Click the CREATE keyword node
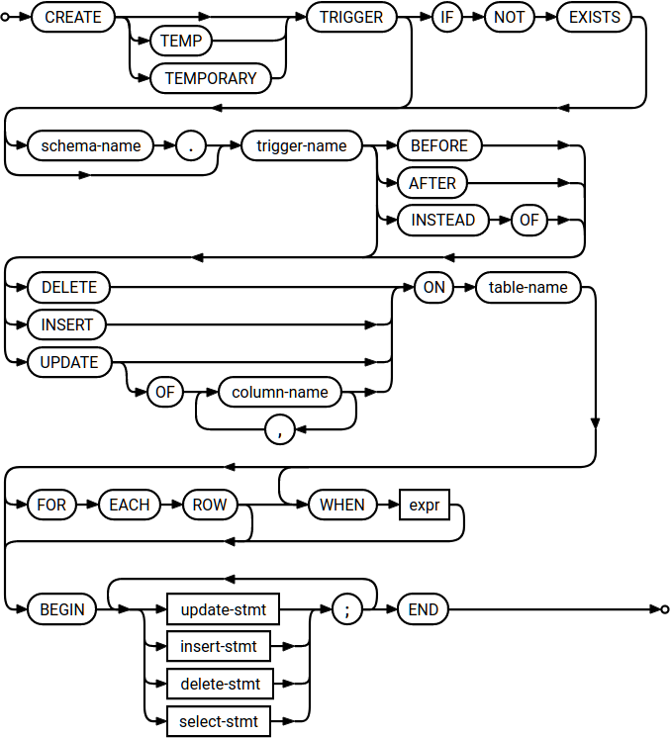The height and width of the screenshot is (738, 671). (x=73, y=18)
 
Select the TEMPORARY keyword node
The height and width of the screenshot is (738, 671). (x=211, y=78)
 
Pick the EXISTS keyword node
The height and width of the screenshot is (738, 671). (x=594, y=18)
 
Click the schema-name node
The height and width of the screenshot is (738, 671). (x=91, y=146)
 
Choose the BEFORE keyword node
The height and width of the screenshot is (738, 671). (x=438, y=146)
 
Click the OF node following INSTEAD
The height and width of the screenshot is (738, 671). (x=529, y=221)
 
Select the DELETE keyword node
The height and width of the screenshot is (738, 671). (x=69, y=288)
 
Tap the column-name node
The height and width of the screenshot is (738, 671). (x=280, y=392)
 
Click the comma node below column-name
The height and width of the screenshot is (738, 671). (x=280, y=429)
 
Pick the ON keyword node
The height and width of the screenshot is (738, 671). (x=432, y=288)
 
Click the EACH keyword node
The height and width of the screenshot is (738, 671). (x=130, y=505)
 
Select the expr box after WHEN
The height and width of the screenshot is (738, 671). (x=423, y=505)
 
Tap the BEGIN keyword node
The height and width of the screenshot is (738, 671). (x=62, y=609)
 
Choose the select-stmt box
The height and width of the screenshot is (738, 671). (x=219, y=721)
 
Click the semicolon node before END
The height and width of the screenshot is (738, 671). (x=346, y=609)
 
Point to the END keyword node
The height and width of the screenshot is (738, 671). (x=423, y=609)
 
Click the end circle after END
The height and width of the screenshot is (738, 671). (x=664, y=609)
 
